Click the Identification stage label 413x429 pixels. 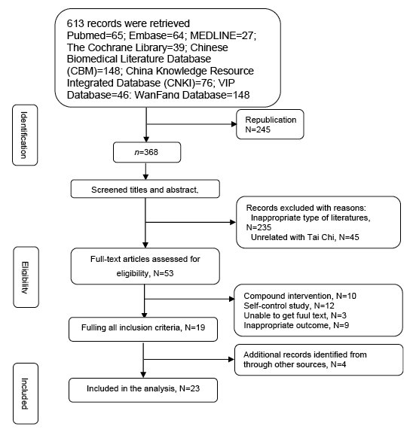tap(25, 135)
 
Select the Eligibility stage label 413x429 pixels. tap(26, 277)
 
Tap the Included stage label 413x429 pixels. tap(26, 394)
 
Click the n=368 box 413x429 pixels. tap(147, 152)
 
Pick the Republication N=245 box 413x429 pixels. tap(270, 124)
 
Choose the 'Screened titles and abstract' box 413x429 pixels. tap(145, 189)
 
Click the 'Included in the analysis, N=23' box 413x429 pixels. tap(143, 390)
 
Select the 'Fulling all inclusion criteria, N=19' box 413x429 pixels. tap(143, 329)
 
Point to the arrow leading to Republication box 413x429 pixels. tap(191, 124)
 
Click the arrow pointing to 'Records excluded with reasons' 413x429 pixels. tap(191, 222)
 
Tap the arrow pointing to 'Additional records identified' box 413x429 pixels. tap(189, 359)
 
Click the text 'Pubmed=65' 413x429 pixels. tap(95, 35)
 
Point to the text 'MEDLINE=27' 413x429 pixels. tap(223, 35)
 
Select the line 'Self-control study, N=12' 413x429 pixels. tap(289, 306)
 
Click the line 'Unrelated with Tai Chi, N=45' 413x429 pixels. tap(305, 237)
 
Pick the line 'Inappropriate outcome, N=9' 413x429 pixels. tap(296, 325)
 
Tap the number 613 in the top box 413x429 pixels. tap(75, 23)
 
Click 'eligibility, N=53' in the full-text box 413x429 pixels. tap(145, 273)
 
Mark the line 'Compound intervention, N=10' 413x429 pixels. tap(300, 296)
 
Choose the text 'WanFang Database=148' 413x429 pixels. tap(192, 95)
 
